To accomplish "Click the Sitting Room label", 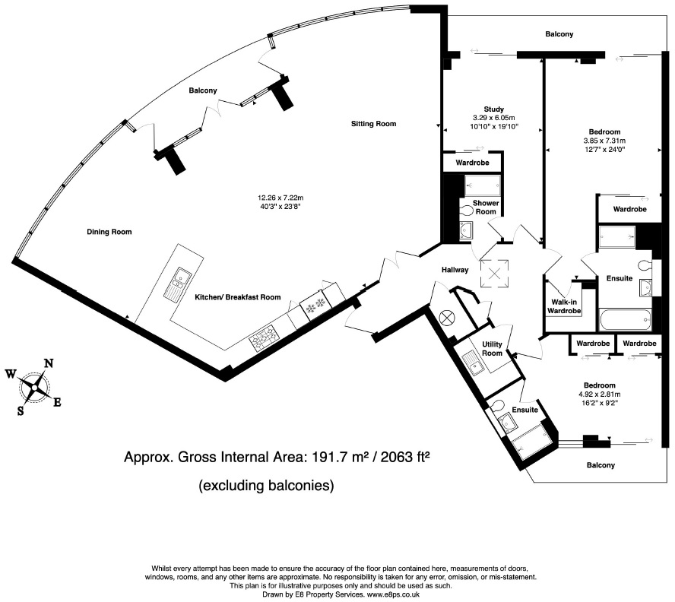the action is point(373,124).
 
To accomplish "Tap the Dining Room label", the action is point(109,232).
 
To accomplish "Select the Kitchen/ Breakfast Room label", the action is point(238,297).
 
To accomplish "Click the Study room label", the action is point(494,109).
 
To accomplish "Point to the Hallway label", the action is point(455,270).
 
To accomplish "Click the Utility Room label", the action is point(492,349).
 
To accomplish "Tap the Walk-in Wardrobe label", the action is point(564,306).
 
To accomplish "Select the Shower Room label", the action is point(486,207).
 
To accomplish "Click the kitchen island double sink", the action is point(177,284).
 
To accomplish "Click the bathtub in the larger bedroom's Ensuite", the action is point(625,320).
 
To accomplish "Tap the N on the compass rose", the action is point(49,364).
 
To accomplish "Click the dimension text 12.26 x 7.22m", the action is point(280,198).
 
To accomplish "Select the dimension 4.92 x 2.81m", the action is point(600,394).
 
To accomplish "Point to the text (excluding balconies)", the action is point(266,485).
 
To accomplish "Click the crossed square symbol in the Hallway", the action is point(494,273).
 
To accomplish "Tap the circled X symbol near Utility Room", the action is point(446,318).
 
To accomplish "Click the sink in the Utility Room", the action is point(474,363).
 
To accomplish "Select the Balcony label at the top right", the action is point(559,34).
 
